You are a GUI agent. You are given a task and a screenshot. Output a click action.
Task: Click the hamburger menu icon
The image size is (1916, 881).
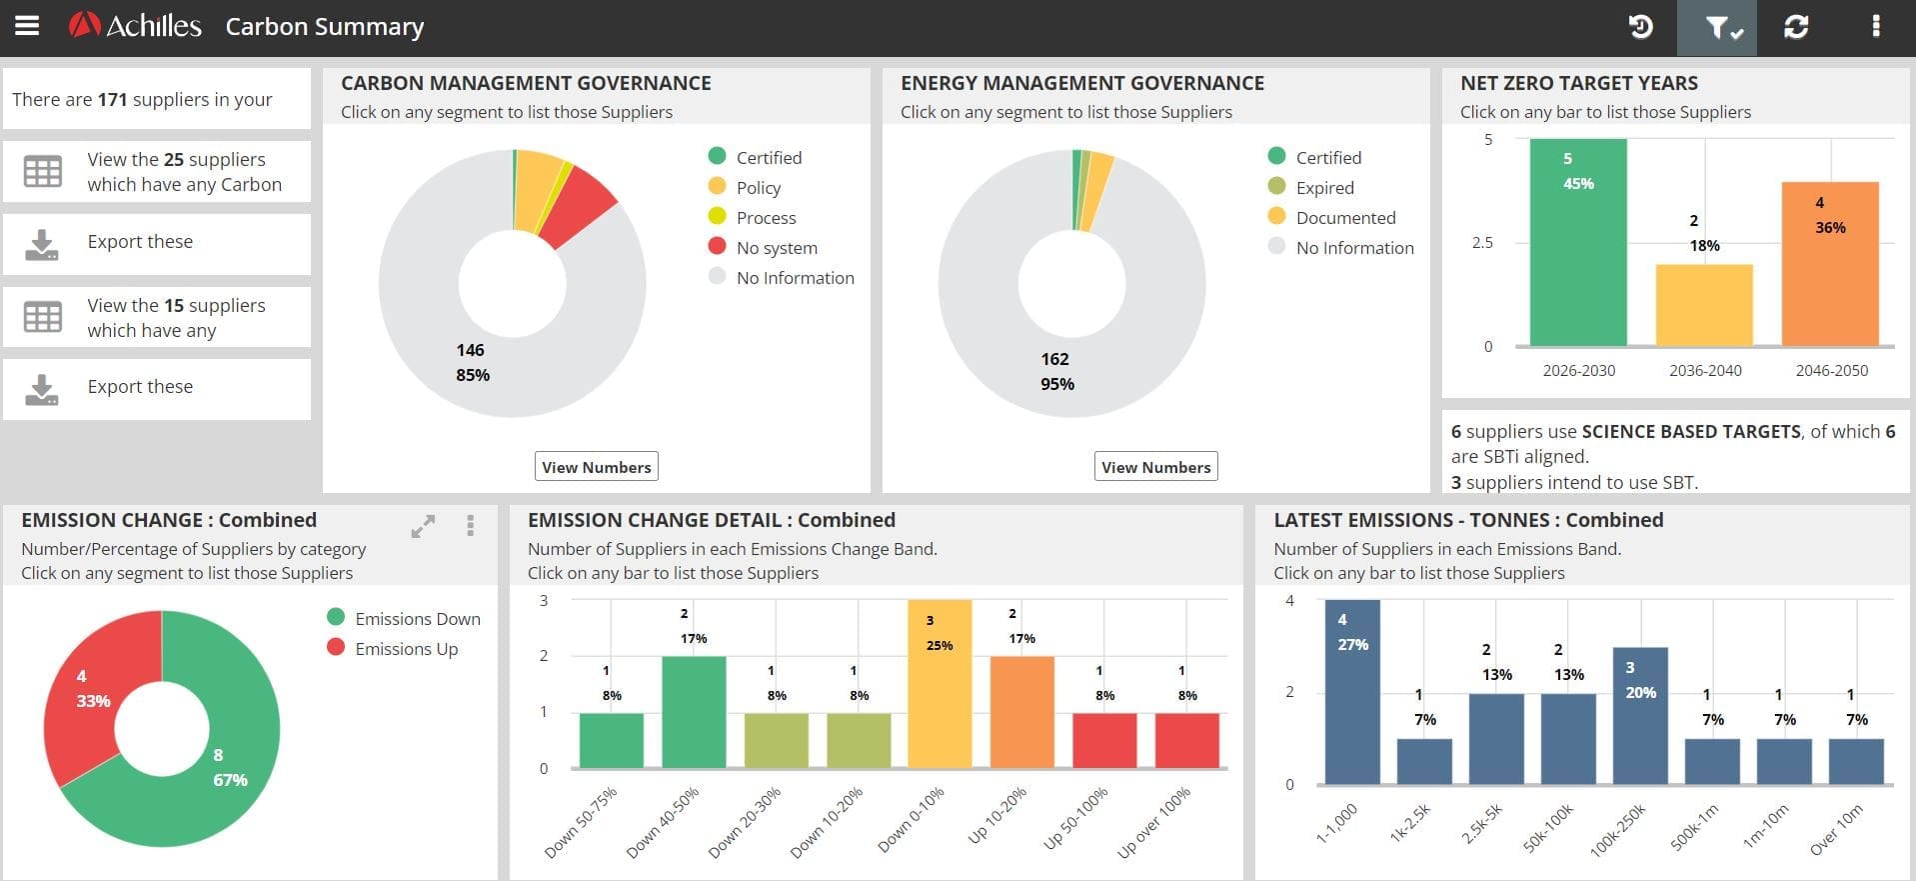pos(27,26)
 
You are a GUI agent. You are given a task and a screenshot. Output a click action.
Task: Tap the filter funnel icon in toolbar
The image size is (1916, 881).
pos(1716,27)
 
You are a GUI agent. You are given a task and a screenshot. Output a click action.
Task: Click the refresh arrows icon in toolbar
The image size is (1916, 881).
pos(1796,27)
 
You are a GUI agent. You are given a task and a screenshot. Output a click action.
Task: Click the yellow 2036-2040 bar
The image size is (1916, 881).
pos(1704,305)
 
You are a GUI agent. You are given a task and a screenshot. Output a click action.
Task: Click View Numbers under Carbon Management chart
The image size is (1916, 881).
pos(596,467)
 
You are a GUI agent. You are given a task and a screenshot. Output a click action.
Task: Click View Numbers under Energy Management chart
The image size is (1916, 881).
pos(1155,467)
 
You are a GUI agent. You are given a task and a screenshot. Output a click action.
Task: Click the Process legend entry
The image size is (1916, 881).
pos(765,218)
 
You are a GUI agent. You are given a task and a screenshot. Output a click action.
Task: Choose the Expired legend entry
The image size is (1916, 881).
pos(1323,188)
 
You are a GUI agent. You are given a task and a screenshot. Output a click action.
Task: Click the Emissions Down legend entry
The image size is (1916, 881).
pos(416,619)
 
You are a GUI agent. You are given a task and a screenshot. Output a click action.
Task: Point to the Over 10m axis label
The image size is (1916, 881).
pos(1837,830)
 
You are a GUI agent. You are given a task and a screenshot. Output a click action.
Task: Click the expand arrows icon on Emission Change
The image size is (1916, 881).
pos(423,526)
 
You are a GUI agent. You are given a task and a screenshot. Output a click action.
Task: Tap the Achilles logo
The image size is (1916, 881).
pos(135,26)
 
